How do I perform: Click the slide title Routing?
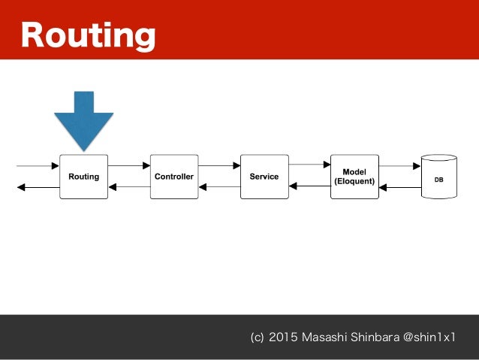88,35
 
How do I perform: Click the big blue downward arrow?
83,119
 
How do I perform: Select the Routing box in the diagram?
83,177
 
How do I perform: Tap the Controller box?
173,177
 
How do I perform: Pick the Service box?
264,177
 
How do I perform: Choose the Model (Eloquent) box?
354,177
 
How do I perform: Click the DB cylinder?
438,177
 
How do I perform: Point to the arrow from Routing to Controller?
129,165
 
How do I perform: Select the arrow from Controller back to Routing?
129,186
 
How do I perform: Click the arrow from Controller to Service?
219,165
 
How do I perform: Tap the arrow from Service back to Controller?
219,186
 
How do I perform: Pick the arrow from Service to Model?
309,164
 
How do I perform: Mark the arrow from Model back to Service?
309,186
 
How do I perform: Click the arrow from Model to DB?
399,165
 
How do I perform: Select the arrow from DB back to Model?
399,186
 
